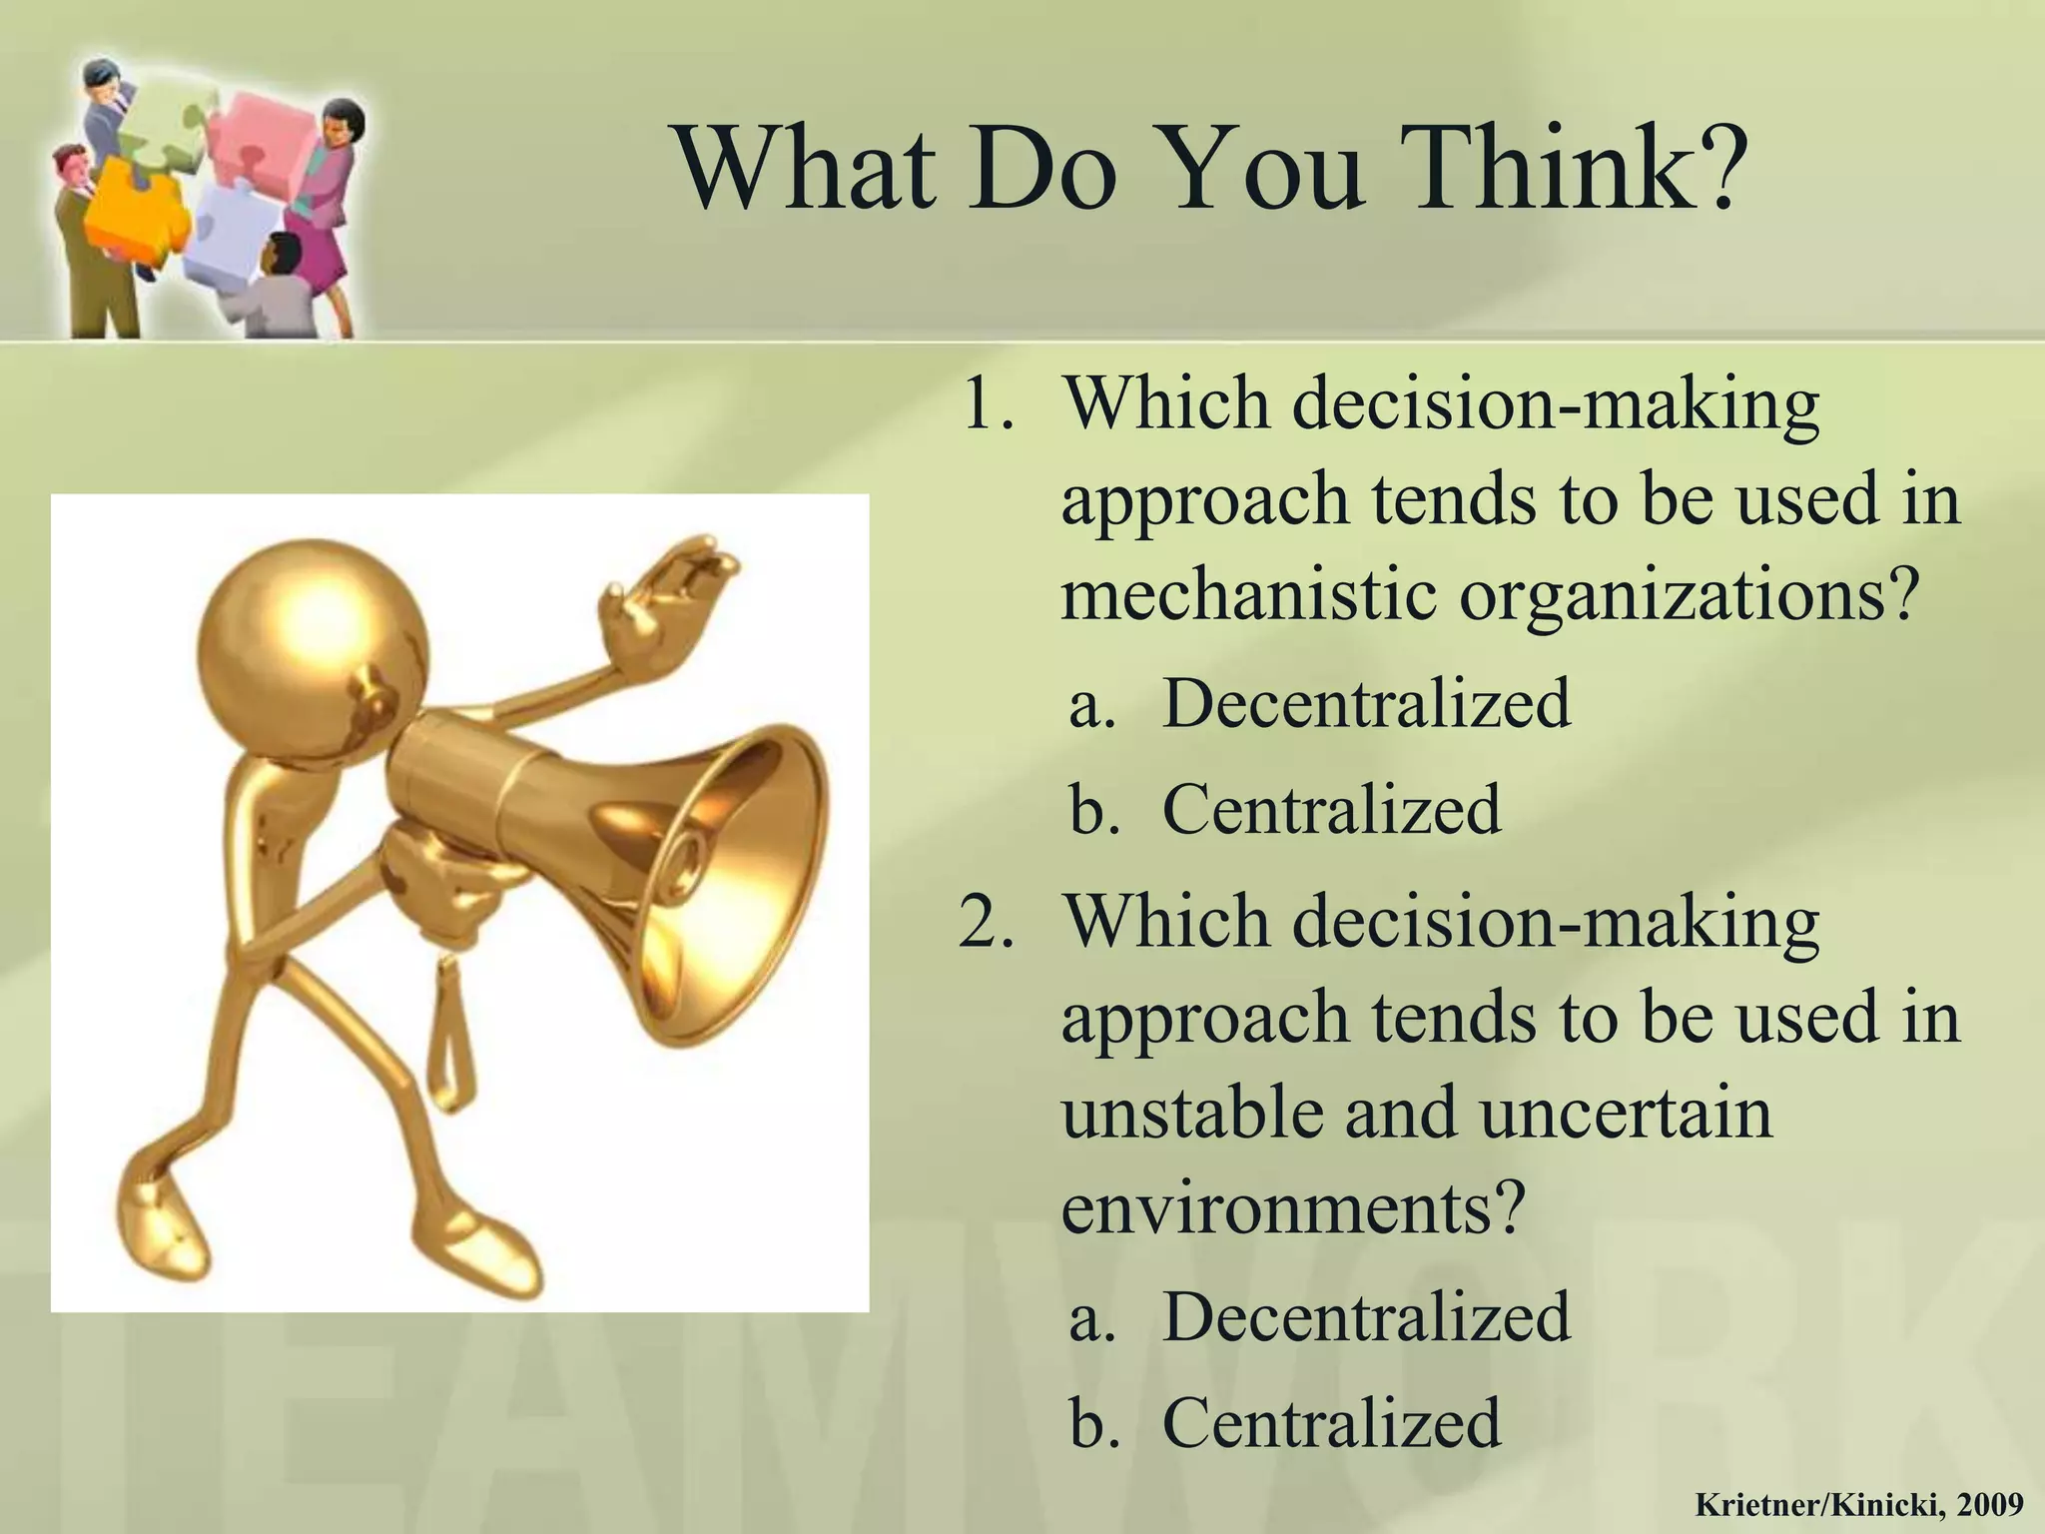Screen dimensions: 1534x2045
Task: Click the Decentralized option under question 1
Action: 1365,703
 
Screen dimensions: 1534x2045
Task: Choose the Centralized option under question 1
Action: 1331,809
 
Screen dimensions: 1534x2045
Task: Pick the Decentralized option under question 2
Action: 1365,1316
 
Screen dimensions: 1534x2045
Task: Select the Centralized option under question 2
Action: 1331,1422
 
